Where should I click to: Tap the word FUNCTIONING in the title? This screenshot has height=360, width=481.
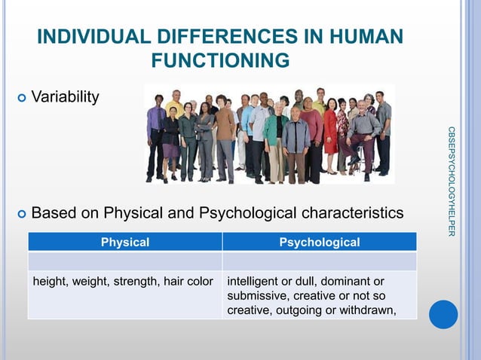click(x=220, y=59)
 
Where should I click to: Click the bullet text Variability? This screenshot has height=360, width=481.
click(x=64, y=98)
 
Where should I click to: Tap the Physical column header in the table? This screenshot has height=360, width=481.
click(x=125, y=242)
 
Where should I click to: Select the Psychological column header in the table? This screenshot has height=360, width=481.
click(x=319, y=242)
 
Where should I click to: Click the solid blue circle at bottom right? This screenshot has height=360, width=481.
click(x=443, y=314)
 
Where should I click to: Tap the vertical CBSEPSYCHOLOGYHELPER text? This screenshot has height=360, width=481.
click(x=451, y=181)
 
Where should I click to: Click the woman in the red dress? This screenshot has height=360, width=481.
click(x=330, y=132)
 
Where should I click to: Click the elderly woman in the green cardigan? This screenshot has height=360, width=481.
click(x=275, y=139)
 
